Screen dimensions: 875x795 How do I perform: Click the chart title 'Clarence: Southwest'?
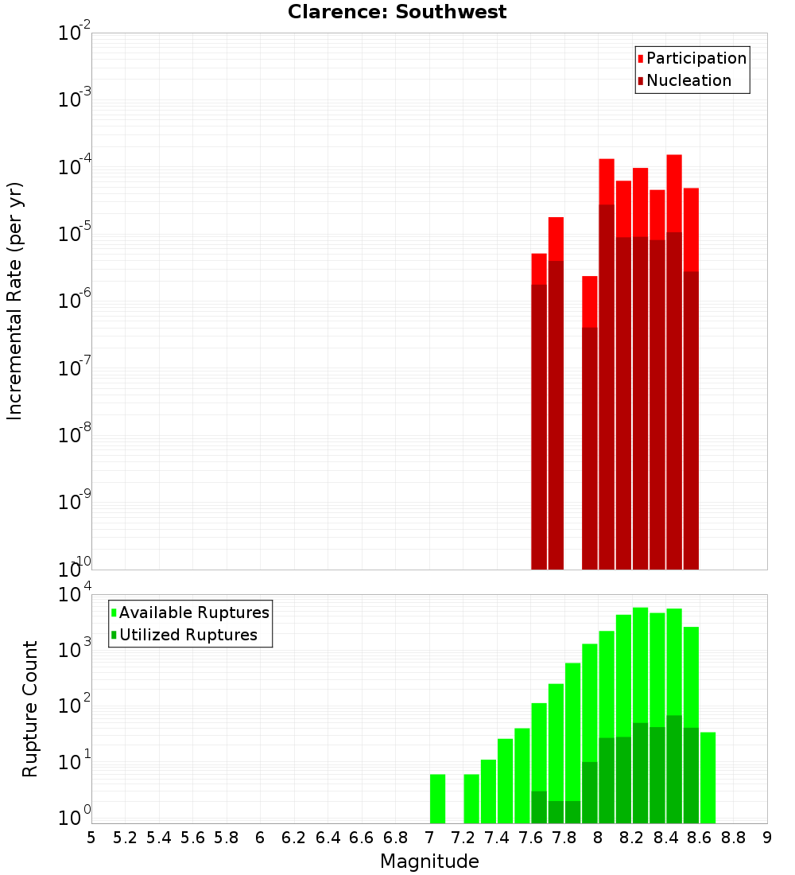click(397, 12)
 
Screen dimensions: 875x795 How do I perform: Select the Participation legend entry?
click(692, 58)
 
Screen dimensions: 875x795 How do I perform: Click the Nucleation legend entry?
click(684, 80)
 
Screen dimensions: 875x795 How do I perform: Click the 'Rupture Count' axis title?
click(30, 708)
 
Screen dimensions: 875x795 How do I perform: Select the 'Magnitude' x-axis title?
click(429, 861)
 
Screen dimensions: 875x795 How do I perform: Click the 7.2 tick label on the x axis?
click(463, 838)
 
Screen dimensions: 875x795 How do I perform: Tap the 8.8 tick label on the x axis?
click(734, 838)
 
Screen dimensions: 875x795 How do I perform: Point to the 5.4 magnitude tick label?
click(159, 838)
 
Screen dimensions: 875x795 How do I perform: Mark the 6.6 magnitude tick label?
click(362, 838)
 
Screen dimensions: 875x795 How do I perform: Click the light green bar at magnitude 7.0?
click(437, 799)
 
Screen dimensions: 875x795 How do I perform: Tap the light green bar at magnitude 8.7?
click(708, 777)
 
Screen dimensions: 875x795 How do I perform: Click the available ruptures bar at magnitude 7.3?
click(471, 799)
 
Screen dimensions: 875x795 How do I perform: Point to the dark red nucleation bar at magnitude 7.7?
click(556, 414)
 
